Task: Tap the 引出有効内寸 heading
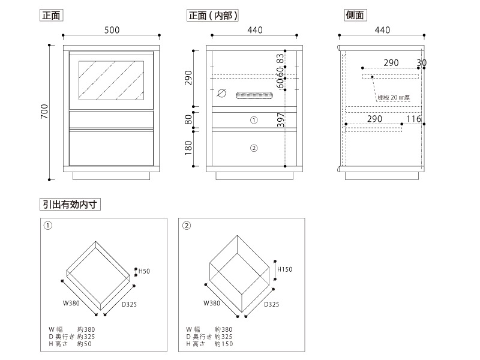tap(71, 204)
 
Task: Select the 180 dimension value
tap(188, 147)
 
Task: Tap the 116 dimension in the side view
tap(413, 119)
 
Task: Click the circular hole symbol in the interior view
tap(220, 94)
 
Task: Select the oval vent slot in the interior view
tap(254, 94)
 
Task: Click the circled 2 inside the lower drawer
tap(253, 148)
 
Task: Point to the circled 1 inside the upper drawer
tap(253, 120)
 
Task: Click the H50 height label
tap(144, 272)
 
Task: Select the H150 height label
tap(284, 269)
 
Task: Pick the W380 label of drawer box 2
tap(212, 304)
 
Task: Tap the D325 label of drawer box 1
tap(130, 304)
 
